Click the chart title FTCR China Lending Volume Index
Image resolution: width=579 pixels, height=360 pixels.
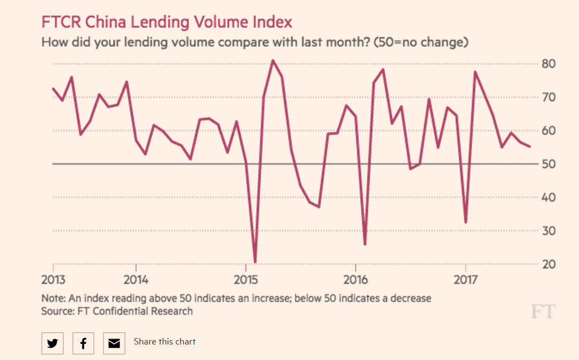(167, 22)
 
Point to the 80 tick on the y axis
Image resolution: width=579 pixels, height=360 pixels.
(548, 64)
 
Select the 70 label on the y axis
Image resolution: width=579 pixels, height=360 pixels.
(548, 97)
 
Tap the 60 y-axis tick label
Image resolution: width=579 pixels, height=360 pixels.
(548, 131)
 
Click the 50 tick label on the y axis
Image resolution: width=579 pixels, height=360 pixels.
(548, 164)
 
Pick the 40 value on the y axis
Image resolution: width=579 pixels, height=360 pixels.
(548, 197)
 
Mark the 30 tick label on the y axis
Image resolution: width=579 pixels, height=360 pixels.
(548, 231)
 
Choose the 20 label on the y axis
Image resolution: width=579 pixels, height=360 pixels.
(548, 264)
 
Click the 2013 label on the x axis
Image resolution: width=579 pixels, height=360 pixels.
(54, 280)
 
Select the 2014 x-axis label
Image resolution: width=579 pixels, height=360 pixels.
(136, 280)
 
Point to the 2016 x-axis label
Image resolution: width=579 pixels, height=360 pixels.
(355, 280)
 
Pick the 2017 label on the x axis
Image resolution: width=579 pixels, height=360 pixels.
(465, 280)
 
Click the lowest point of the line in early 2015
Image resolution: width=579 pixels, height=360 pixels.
(255, 262)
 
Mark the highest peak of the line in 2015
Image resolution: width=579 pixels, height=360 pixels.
(272, 61)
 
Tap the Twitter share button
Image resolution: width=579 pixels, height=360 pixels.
(53, 343)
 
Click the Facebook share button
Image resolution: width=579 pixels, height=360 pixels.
(83, 343)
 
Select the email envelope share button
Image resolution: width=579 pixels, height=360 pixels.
(114, 343)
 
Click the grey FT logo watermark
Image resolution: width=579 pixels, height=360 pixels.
(543, 312)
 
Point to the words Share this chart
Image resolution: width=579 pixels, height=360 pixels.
(165, 342)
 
